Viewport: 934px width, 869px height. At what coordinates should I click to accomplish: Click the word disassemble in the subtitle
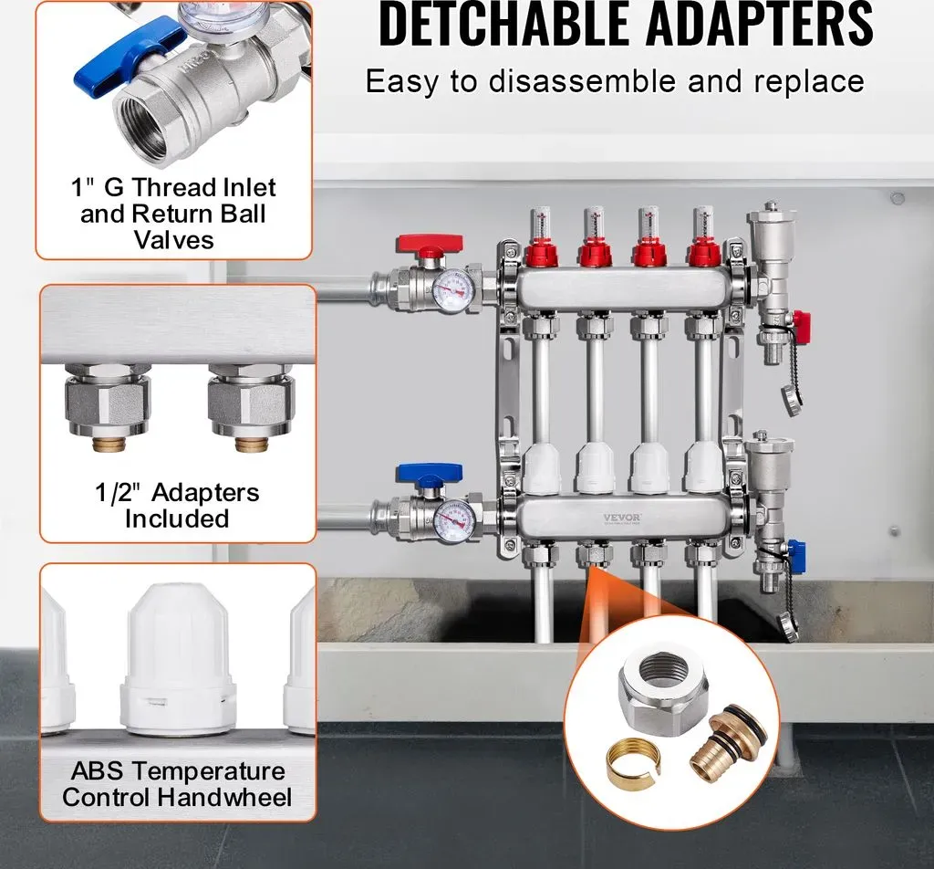pyautogui.click(x=584, y=81)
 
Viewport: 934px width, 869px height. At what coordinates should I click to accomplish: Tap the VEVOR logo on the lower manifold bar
pyautogui.click(x=622, y=518)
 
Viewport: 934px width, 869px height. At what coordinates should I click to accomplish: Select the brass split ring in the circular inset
pyautogui.click(x=633, y=760)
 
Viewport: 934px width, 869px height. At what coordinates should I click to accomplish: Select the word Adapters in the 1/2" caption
pyautogui.click(x=205, y=493)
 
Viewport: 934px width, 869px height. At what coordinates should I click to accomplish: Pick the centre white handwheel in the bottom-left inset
pyautogui.click(x=177, y=659)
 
